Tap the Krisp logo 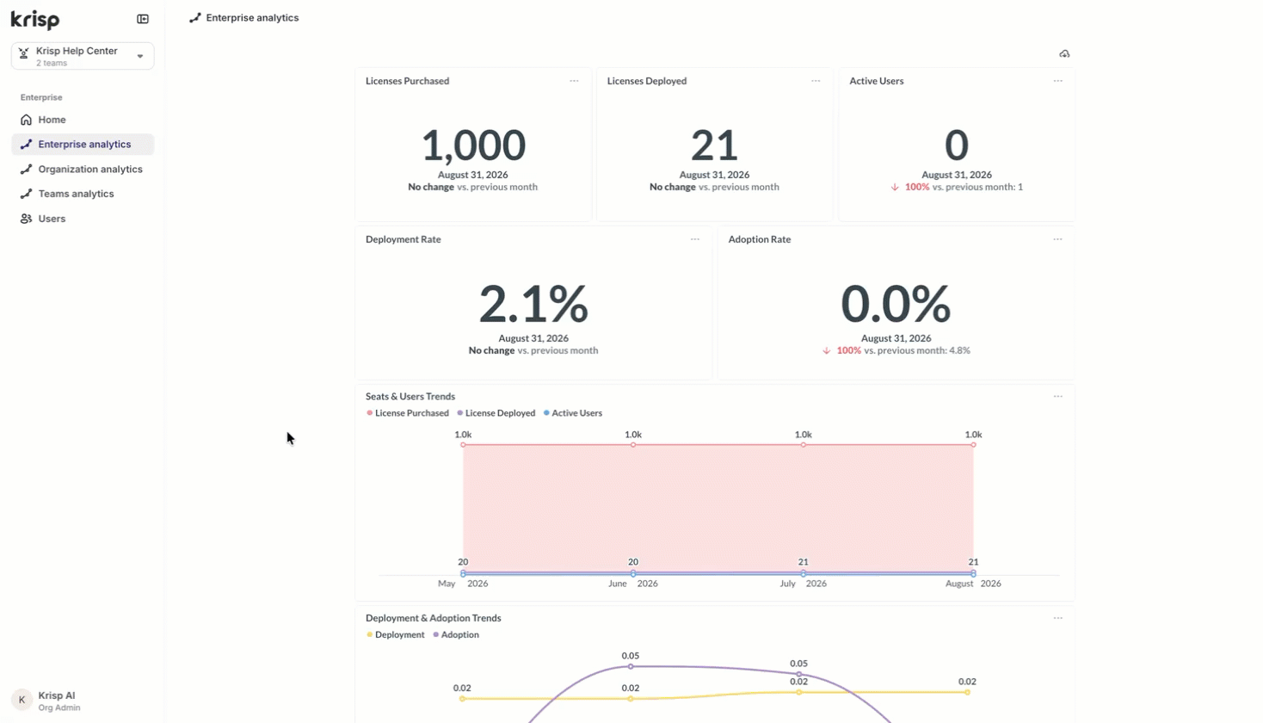point(35,20)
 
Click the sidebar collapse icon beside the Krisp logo point(143,19)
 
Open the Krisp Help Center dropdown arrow point(140,57)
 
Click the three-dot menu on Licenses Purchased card point(574,81)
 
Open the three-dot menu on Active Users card point(1057,81)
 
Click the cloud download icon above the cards point(1064,54)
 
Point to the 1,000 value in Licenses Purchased point(473,145)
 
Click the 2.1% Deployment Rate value point(533,304)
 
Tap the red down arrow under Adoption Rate point(827,351)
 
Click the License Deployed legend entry point(496,413)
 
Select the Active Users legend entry point(573,413)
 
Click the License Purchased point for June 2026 point(633,445)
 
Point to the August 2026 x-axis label point(973,584)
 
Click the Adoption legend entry point(456,635)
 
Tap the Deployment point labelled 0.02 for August point(967,693)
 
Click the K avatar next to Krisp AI point(22,701)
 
